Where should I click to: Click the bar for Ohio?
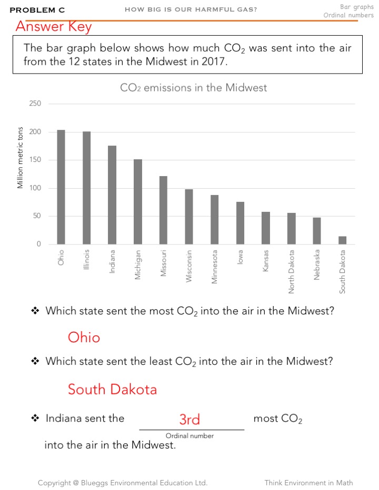coord(61,187)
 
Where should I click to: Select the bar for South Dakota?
coord(342,240)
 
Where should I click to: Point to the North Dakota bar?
coord(291,228)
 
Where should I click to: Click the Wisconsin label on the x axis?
coord(189,266)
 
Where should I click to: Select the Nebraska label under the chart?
coord(317,265)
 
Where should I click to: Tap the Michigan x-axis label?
coord(138,264)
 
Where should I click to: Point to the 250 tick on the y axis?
coord(35,104)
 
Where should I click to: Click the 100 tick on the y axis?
coord(35,188)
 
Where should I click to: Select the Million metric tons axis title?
coord(21,158)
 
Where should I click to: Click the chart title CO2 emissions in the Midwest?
coord(193,88)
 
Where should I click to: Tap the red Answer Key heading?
coord(53,26)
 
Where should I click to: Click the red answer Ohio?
coord(84,337)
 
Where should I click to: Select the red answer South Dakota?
coord(112,390)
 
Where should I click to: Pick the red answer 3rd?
coord(189,420)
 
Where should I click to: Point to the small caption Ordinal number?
coord(189,436)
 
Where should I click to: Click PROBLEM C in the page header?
coord(37,10)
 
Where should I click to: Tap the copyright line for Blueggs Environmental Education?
coord(123,483)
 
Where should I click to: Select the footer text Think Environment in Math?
coord(308,483)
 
